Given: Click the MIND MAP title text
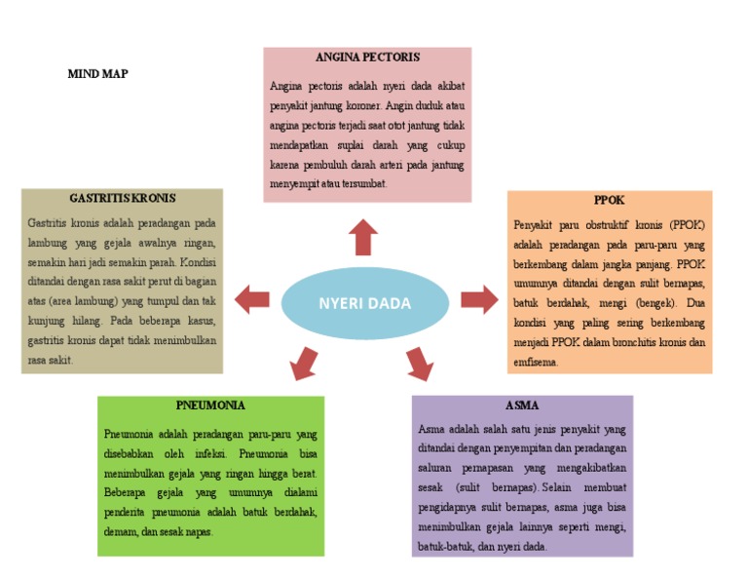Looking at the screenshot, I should coord(97,74).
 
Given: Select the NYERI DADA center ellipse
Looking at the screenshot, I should coord(364,303).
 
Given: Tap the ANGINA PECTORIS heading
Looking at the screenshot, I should coord(366,58).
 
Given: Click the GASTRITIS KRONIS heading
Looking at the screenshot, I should coord(123,198).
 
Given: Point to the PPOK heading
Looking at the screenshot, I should coord(609,200).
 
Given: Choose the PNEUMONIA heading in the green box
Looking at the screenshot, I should coord(210,405).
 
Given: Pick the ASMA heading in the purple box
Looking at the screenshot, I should coord(522,405).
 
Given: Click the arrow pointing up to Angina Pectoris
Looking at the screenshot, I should coord(364,236).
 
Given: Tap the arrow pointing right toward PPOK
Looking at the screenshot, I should coord(478,299).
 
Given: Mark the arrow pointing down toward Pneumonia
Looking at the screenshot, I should coord(303,363).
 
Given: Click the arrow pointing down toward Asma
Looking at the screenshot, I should coord(419,363).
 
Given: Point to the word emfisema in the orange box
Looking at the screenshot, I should coord(536,362).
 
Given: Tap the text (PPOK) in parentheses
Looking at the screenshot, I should coord(686,225).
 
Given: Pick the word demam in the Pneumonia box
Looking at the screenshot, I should coord(119,532).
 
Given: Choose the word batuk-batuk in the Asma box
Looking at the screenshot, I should coord(442,547).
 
